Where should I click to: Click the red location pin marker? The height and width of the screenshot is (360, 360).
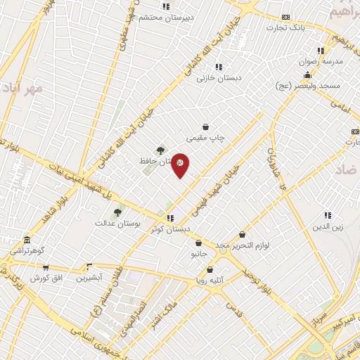pos(181,165)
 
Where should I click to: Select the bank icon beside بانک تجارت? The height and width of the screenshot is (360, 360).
pos(285,17)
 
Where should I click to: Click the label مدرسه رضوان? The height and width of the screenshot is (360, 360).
pos(321,61)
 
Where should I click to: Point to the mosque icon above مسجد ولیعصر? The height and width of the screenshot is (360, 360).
pos(307,75)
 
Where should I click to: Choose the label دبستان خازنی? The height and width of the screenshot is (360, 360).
pos(219,78)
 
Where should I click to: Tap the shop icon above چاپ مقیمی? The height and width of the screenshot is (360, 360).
pos(205,127)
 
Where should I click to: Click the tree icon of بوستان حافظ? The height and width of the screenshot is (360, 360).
pos(161,150)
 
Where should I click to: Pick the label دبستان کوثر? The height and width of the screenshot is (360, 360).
pos(171,229)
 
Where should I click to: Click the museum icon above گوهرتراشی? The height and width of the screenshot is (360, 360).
pos(27,240)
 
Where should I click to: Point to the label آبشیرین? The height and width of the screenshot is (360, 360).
pos(89,278)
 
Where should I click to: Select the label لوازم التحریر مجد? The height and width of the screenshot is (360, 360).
pos(243,245)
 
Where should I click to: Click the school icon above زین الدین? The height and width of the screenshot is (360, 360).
pos(328,215)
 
